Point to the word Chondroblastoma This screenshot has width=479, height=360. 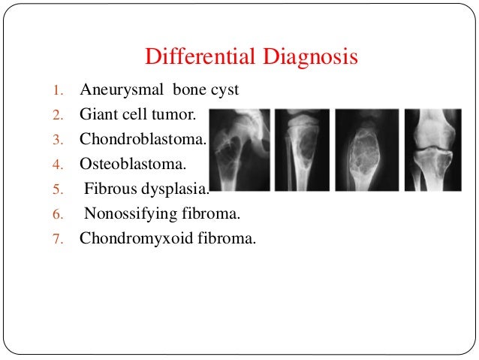coord(143,140)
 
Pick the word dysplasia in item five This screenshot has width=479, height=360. coord(178,189)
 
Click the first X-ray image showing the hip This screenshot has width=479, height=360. coord(239,150)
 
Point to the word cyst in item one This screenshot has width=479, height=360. coord(225,90)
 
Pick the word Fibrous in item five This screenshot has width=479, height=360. coord(113,189)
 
